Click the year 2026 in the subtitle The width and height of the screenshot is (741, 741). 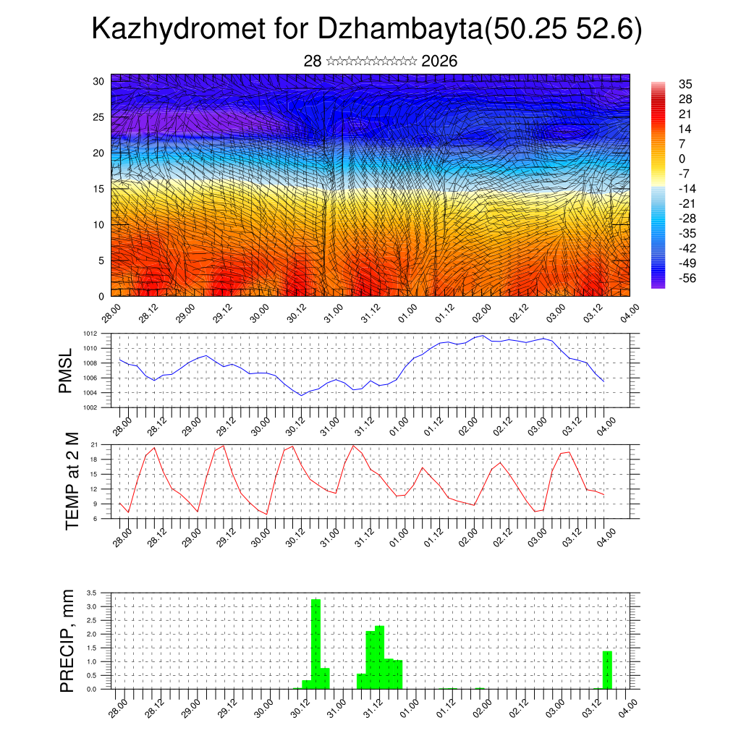point(439,62)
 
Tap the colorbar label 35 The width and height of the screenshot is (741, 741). point(685,85)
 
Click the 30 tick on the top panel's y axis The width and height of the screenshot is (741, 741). point(99,81)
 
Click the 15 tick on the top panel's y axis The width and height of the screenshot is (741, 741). point(99,189)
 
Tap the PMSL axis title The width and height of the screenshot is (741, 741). point(66,370)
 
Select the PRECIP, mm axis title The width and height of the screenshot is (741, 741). point(67,640)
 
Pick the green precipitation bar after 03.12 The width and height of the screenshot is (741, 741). point(607,669)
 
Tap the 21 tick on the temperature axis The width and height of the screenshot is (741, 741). point(94,444)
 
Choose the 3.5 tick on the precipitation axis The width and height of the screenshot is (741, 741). point(91,593)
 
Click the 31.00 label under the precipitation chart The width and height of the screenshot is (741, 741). point(334,708)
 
